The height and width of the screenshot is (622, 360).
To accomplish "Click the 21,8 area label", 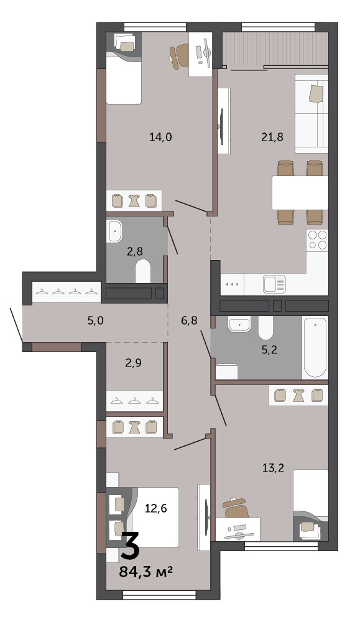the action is click(272, 137).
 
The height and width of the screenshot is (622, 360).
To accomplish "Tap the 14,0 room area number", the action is click(160, 137).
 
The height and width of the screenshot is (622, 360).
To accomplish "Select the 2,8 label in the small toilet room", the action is click(134, 251).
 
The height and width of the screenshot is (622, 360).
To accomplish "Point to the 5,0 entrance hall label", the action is click(95, 320).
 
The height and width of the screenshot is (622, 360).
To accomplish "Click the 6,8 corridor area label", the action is click(189, 320).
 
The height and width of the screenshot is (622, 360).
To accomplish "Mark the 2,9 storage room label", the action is click(134, 363).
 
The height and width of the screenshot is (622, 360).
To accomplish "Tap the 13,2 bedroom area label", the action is click(273, 468).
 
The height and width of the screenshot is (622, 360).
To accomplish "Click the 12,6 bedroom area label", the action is click(155, 508).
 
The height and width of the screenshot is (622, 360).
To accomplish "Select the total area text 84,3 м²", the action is click(146, 572).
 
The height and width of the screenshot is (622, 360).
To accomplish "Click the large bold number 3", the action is click(130, 546).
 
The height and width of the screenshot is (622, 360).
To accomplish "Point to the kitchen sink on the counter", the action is click(274, 284).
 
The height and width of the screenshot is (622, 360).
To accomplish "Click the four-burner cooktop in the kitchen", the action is click(318, 239).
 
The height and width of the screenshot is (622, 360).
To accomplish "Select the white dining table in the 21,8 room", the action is click(300, 192).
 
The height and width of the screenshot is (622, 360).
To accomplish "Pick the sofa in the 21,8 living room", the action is click(312, 113).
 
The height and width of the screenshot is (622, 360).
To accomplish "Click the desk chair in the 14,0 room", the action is click(179, 55).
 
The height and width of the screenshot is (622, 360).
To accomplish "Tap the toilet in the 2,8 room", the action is click(143, 271).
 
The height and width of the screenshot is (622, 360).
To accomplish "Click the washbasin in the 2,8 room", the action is click(114, 231).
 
